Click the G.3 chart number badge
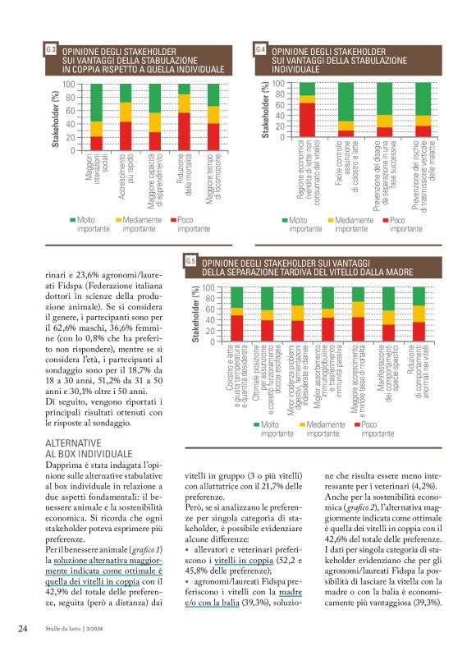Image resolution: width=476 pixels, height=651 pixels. [x=51, y=50]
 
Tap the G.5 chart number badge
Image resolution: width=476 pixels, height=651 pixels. [x=190, y=261]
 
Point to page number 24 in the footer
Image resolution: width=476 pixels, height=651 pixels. [x=24, y=630]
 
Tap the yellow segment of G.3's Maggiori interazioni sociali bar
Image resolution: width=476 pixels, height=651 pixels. [x=96, y=128]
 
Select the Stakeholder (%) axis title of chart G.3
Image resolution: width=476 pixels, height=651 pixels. [x=55, y=117]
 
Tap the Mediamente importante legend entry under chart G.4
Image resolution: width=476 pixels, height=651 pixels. [x=354, y=225]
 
